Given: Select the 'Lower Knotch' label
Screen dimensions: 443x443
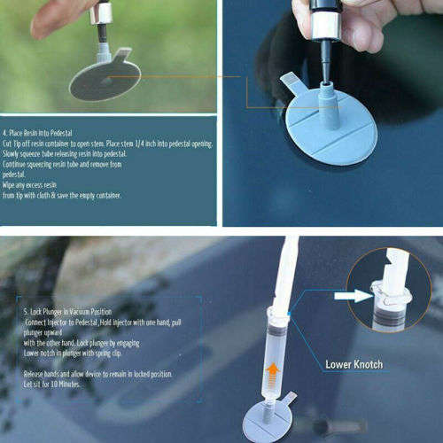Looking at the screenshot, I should coord(354,364).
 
